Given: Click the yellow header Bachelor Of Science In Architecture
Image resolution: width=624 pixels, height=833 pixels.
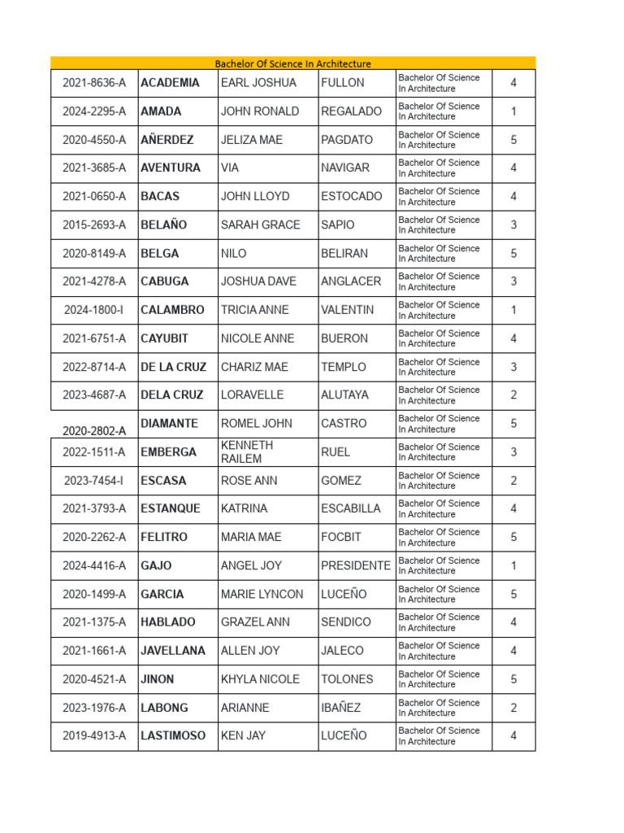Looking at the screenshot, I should pyautogui.click(x=292, y=63).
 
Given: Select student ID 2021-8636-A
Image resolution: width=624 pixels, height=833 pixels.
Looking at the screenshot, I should pyautogui.click(x=94, y=83).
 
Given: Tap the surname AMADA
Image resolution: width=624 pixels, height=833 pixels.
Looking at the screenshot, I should pyautogui.click(x=161, y=111).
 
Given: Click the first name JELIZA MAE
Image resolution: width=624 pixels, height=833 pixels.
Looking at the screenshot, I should pyautogui.click(x=252, y=140).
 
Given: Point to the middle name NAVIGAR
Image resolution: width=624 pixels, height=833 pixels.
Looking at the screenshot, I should pyautogui.click(x=345, y=168).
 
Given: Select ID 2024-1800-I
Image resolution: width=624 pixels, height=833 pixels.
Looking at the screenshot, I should pyautogui.click(x=94, y=310).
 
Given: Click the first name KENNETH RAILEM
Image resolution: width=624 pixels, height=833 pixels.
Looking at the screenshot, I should pyautogui.click(x=247, y=451).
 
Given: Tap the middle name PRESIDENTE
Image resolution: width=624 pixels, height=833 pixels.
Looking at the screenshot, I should pyautogui.click(x=355, y=565).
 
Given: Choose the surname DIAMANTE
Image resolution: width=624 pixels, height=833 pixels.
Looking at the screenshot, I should pyautogui.click(x=169, y=423).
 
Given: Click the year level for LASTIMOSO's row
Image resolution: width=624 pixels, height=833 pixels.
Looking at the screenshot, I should pyautogui.click(x=513, y=736).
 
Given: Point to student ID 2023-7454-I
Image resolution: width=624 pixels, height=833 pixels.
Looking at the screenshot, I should pyautogui.click(x=94, y=481).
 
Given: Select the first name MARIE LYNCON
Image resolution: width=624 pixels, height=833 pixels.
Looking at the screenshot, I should pyautogui.click(x=262, y=594).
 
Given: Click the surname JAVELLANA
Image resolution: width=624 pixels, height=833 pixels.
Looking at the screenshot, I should pyautogui.click(x=173, y=651).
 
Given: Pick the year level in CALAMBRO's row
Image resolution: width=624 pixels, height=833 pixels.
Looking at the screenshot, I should pyautogui.click(x=513, y=310).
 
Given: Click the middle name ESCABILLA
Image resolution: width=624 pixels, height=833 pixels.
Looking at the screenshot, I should pyautogui.click(x=350, y=508).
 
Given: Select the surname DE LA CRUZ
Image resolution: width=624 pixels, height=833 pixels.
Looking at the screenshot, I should pyautogui.click(x=173, y=367).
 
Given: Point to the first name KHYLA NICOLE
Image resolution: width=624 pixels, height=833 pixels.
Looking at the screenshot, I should pyautogui.click(x=260, y=679).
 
